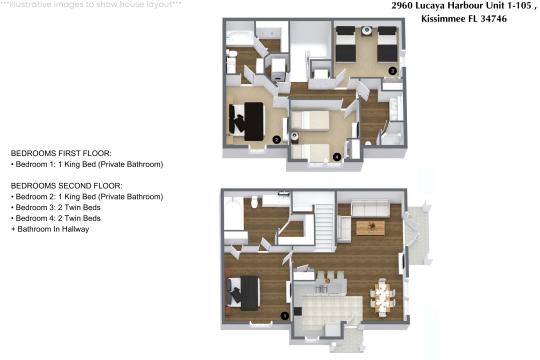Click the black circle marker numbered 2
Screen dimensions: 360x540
[x=275, y=140]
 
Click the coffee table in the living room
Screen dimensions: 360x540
[x=370, y=228]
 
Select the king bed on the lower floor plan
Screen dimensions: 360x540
[x=246, y=291]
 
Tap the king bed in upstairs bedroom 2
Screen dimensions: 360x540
[x=247, y=117]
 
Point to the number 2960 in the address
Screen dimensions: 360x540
[x=406, y=6]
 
